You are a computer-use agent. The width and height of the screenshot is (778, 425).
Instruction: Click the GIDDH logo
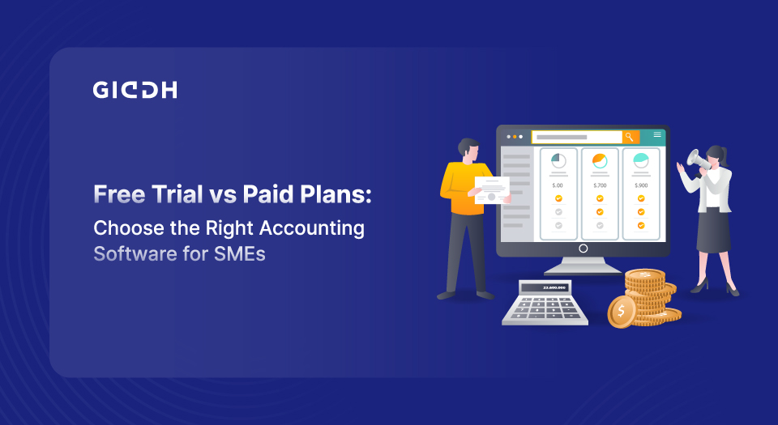pos(135,90)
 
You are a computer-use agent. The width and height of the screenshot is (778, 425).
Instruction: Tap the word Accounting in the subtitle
pos(312,229)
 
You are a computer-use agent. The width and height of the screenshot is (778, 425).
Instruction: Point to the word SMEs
pos(240,254)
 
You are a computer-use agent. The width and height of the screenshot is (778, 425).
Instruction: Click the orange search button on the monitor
pos(631,137)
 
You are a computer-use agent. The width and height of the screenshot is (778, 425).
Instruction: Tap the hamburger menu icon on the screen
pos(657,134)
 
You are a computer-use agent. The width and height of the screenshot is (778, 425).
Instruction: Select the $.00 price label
pos(558,185)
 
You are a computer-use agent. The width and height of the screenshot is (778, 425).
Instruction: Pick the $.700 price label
pos(600,185)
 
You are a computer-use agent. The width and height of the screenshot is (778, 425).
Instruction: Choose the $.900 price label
pos(641,185)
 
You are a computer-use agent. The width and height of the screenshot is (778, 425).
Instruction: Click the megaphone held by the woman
pos(698,159)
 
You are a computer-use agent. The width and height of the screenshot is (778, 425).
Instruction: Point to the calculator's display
pos(554,287)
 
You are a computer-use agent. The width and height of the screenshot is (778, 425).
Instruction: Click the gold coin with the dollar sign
pos(622,312)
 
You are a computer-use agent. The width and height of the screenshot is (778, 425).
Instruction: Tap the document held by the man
pos(492,190)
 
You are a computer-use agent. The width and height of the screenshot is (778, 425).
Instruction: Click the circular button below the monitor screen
pos(583,249)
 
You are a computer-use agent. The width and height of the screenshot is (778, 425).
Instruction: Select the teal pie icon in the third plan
pos(641,160)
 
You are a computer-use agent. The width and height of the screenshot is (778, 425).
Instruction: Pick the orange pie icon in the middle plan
pos(600,160)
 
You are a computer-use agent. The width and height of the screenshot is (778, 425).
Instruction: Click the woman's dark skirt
pos(713,231)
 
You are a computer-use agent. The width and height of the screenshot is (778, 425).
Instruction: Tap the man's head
pos(468,149)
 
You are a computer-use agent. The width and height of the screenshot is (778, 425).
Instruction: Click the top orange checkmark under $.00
pos(558,198)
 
